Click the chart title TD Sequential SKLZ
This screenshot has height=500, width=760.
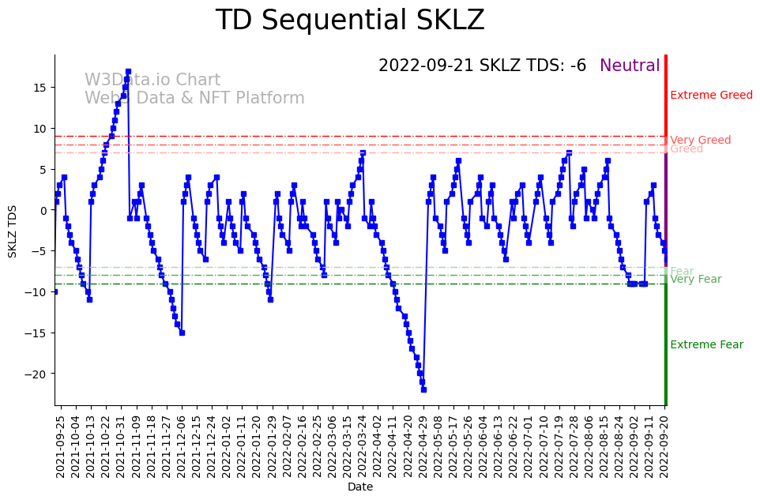(350, 21)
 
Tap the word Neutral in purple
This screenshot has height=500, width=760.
(630, 66)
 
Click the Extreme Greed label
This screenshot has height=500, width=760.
(711, 96)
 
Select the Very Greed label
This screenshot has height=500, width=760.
(700, 141)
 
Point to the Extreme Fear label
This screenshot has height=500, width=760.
(706, 345)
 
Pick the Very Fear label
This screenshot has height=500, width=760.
(695, 280)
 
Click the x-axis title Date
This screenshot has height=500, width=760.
(360, 487)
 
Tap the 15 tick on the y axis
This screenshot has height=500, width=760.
(40, 87)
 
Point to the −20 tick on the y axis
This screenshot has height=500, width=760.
(38, 374)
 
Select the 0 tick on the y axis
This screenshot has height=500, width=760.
(44, 210)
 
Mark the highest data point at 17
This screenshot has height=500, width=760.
(128, 71)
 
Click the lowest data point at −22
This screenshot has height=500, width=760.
(423, 389)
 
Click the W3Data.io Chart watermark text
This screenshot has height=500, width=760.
(152, 80)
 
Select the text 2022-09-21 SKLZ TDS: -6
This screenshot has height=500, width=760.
(482, 66)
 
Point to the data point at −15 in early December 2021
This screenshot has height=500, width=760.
(182, 333)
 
